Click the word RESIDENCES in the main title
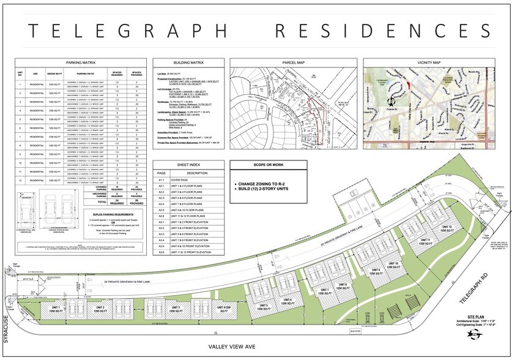tap(383, 31)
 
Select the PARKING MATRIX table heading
tap(80, 62)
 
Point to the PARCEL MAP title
tap(292, 62)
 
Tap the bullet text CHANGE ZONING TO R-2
tap(272, 184)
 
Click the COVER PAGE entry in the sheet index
tap(184, 179)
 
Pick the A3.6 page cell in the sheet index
tap(161, 252)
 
